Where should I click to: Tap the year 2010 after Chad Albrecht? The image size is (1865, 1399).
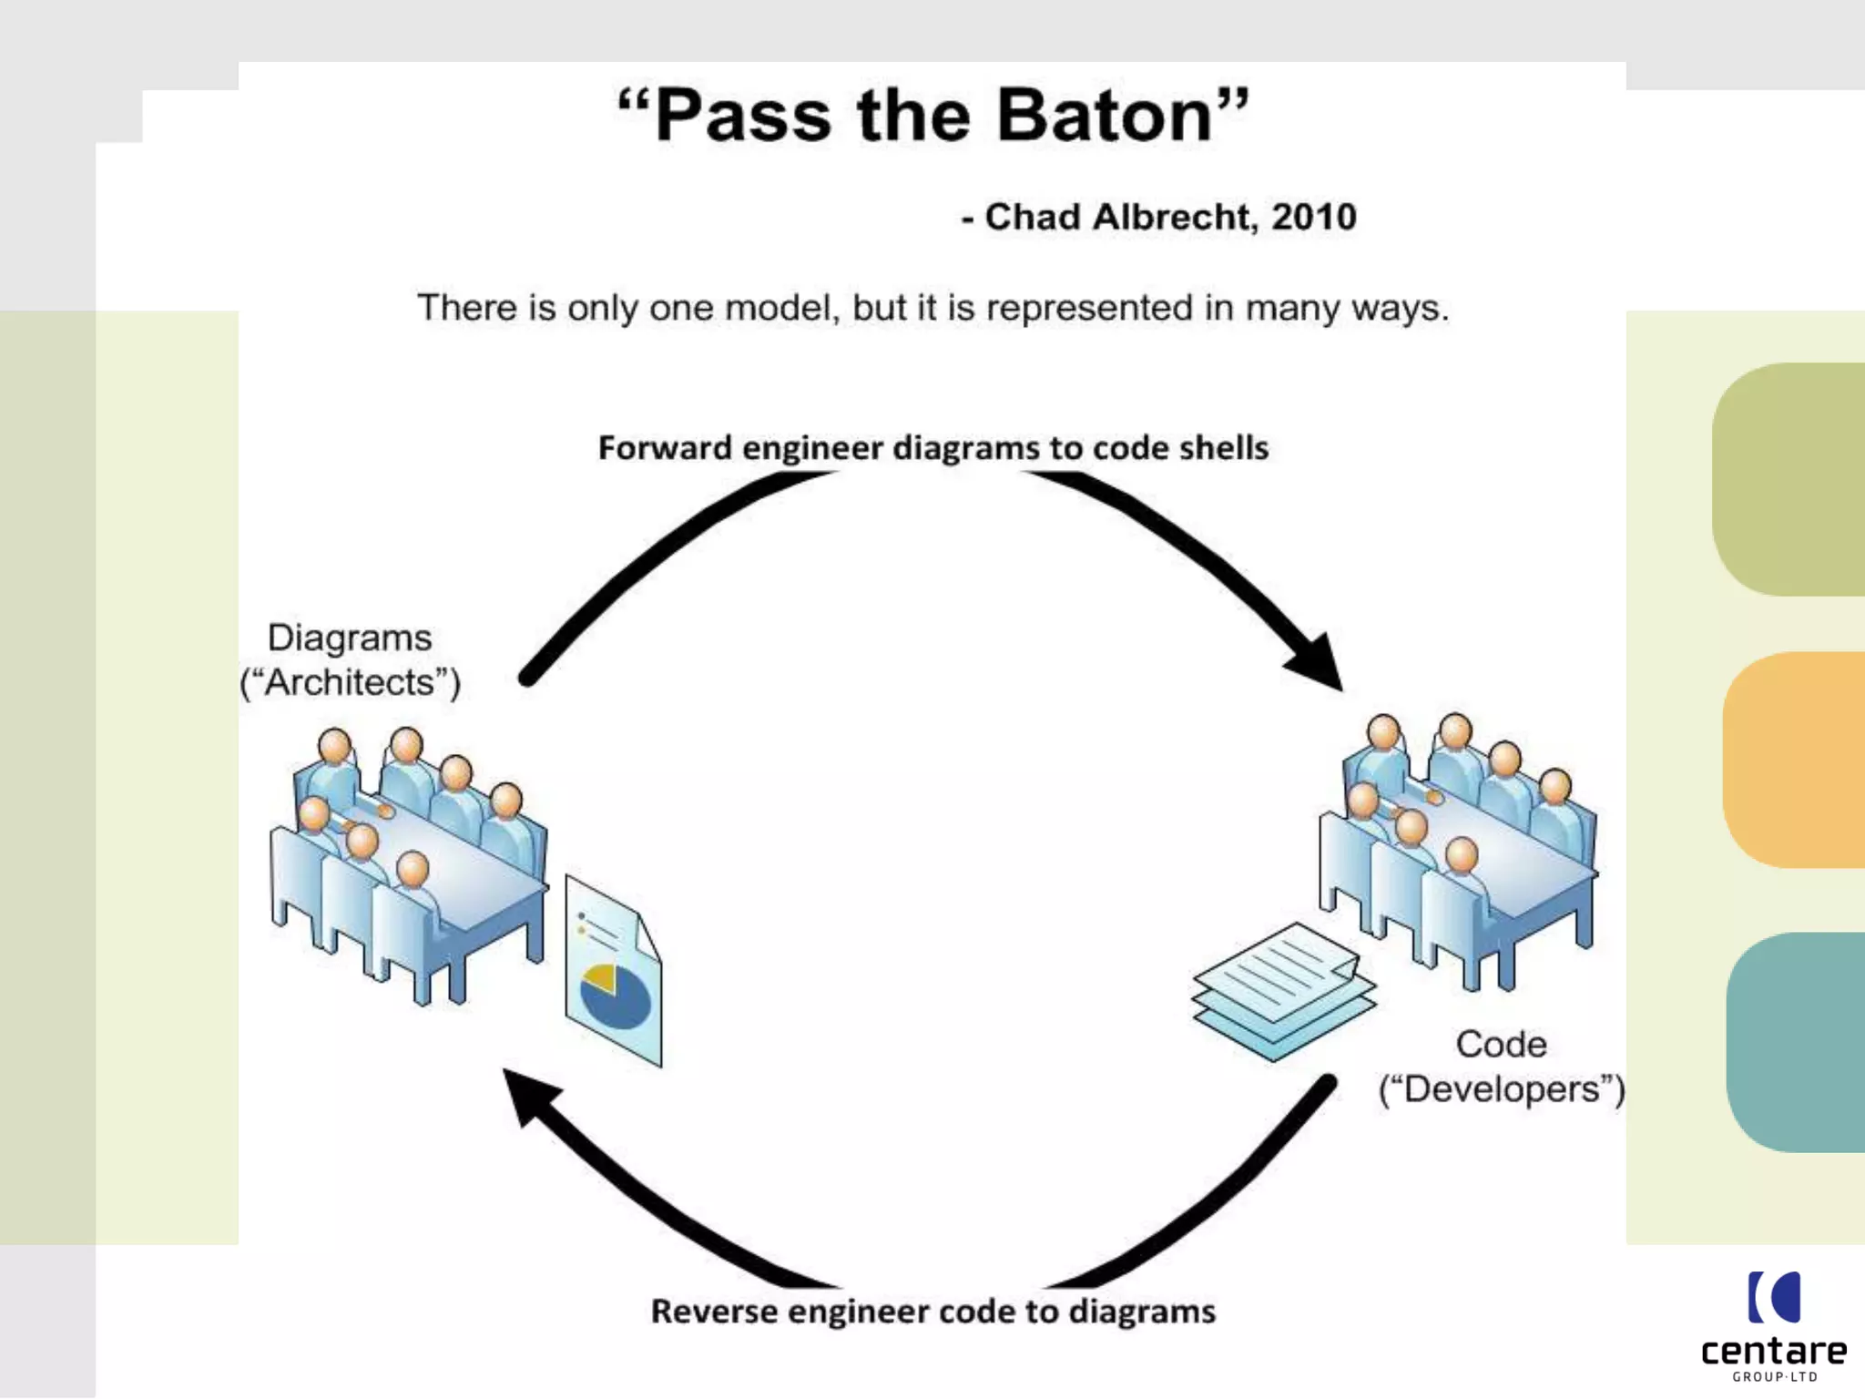[x=1313, y=217]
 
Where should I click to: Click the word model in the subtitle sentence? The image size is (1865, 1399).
[x=781, y=308]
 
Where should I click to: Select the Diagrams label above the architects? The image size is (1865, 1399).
[x=350, y=638]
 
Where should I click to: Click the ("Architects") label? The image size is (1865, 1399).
[x=351, y=682]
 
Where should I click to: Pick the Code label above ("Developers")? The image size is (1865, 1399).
[x=1501, y=1044]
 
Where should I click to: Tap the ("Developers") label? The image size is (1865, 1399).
[x=1501, y=1089]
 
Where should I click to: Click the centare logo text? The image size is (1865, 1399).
[x=1773, y=1351]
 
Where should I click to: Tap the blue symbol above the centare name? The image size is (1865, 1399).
[x=1774, y=1296]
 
